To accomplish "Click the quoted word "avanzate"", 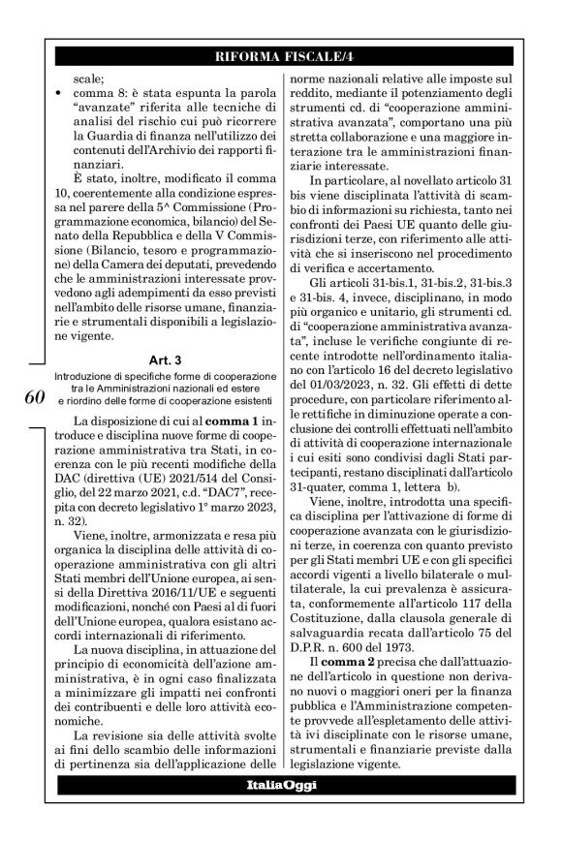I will pyautogui.click(x=111, y=111).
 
